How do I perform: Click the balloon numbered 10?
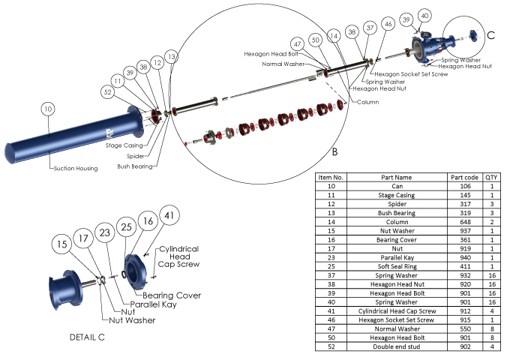click(x=49, y=109)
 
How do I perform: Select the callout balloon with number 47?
click(x=297, y=43)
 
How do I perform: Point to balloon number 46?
click(x=388, y=24)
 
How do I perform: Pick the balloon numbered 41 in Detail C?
click(x=169, y=215)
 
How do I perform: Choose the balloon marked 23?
click(x=105, y=233)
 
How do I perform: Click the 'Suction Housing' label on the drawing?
click(x=75, y=169)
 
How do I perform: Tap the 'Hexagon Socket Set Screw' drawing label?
click(x=411, y=74)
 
